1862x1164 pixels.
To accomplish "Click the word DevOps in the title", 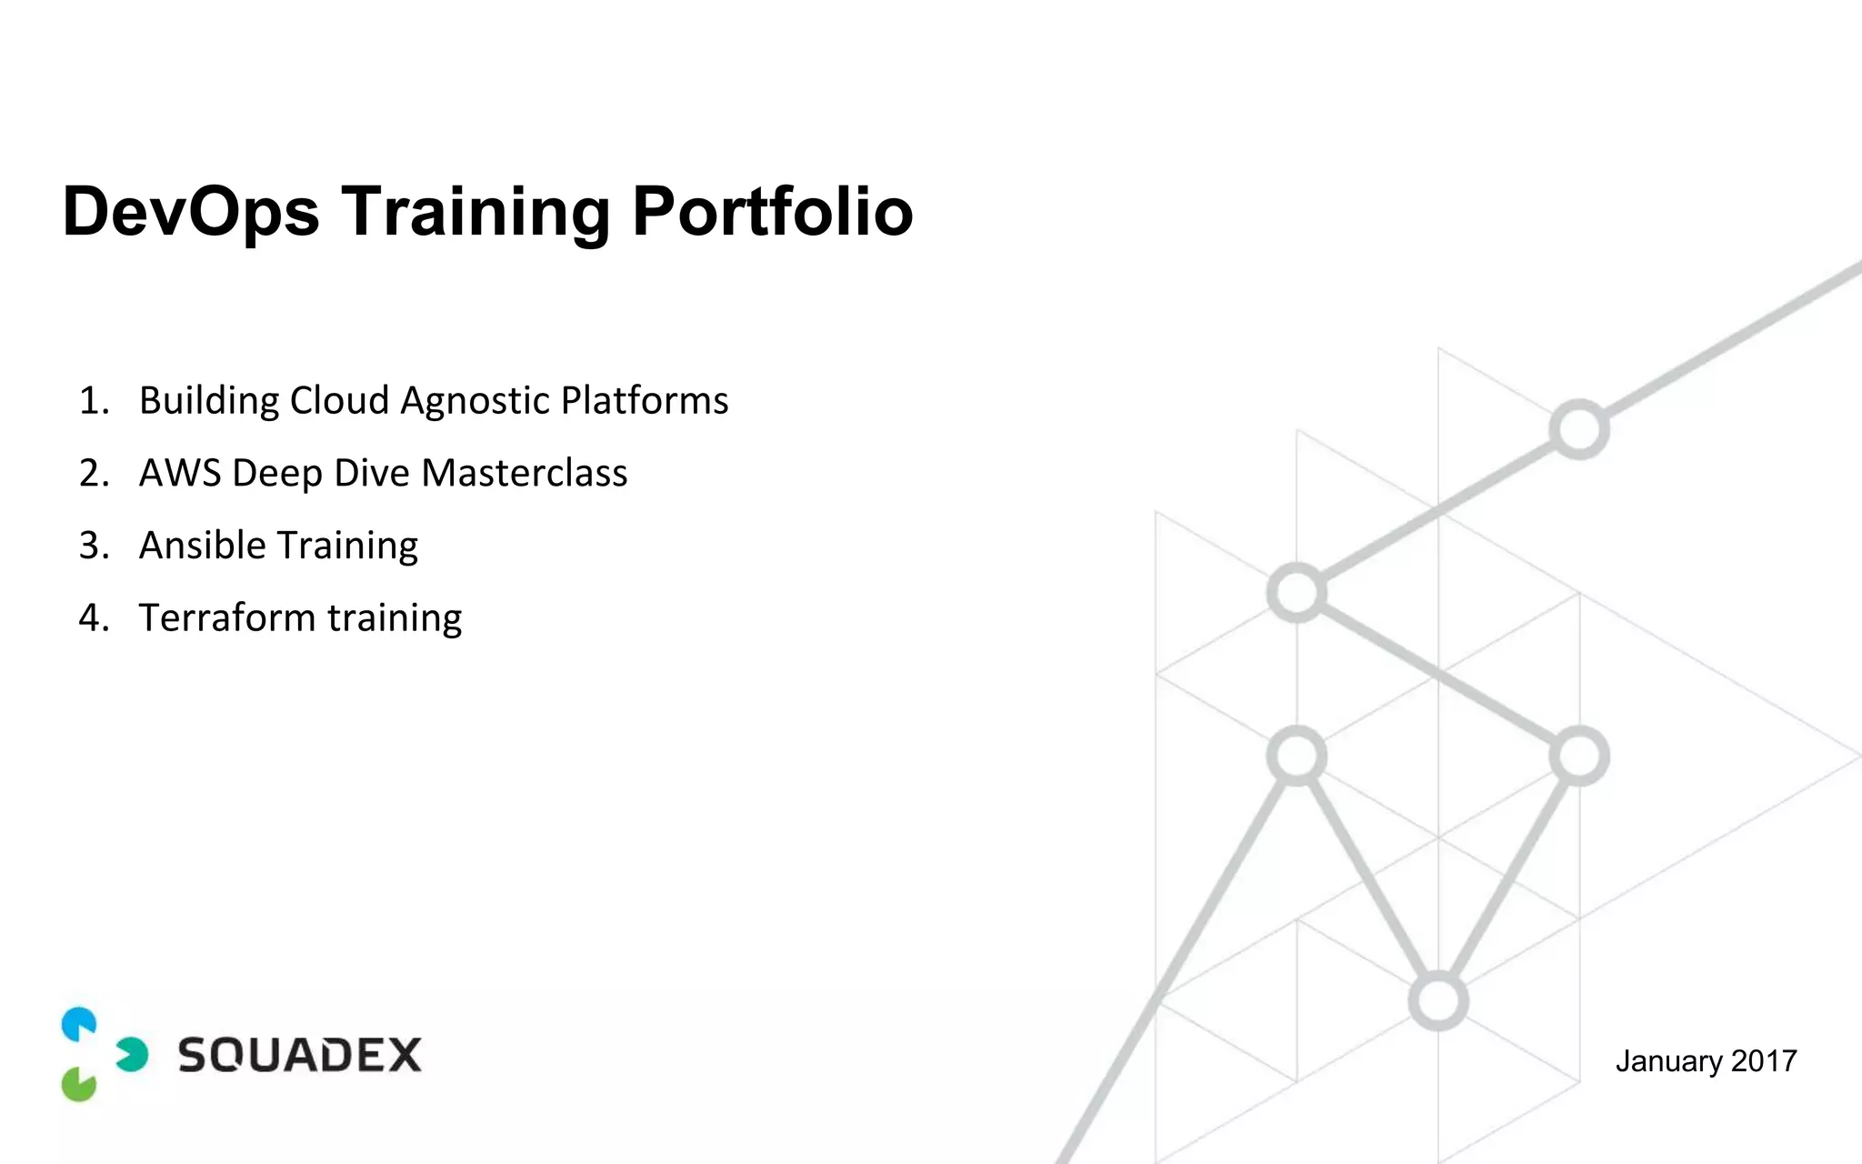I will point(191,212).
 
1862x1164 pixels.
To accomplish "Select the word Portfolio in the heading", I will point(772,212).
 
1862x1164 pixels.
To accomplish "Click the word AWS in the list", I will point(179,473).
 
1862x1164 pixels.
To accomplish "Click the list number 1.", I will point(92,401).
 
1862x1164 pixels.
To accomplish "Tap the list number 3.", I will point(92,546).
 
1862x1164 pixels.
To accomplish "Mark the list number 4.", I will point(92,618).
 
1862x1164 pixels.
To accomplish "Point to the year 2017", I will point(1764,1061).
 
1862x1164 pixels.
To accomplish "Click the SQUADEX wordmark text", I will point(299,1055).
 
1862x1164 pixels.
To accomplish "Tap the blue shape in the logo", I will point(79,1024).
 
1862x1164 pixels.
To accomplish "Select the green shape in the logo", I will point(79,1084).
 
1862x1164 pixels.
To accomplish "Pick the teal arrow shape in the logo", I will point(133,1055).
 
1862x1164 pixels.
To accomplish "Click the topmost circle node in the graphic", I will point(1579,429).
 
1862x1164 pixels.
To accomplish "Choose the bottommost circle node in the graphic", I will point(1437,1001).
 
